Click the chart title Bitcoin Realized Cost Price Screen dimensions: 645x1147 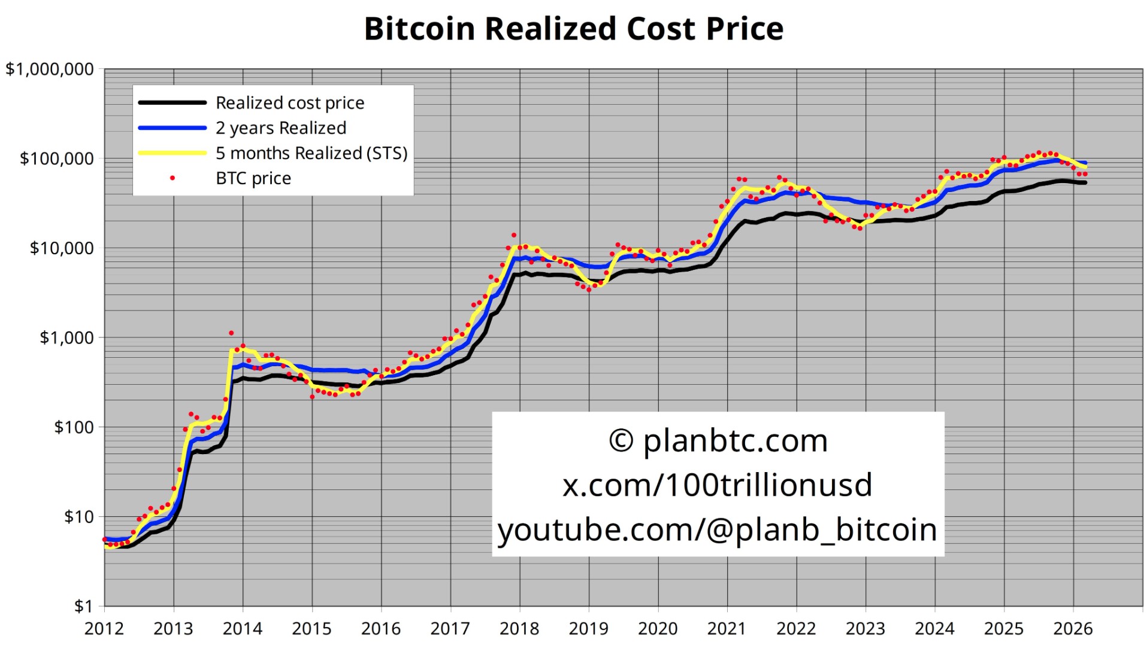573,29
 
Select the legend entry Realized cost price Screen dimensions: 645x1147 290,103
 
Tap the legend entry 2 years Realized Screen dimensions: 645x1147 281,128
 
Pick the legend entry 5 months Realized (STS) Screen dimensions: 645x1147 311,153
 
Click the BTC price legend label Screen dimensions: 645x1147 253,178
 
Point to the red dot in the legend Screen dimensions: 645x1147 172,178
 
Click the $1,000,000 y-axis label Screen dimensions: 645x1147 50,69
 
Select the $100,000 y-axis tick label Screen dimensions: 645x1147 57,159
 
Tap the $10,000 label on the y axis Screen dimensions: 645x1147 62,248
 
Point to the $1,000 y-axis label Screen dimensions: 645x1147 66,337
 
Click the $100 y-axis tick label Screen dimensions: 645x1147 74,427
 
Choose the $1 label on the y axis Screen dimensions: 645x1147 84,606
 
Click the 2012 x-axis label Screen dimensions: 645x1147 104,629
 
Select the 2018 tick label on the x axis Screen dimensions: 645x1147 519,629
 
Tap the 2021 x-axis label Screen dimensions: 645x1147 727,629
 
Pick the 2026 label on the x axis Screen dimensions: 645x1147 1073,629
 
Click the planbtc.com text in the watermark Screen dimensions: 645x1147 736,441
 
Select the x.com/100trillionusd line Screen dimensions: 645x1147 717,485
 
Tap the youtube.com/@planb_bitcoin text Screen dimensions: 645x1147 717,530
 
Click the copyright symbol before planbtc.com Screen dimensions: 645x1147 621,441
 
